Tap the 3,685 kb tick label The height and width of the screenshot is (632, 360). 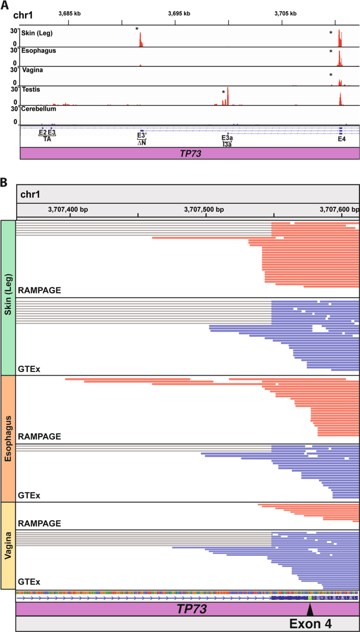69,13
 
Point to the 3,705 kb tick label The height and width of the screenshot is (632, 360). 286,13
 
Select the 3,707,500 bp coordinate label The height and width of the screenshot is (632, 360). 204,209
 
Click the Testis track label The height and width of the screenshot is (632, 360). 31,89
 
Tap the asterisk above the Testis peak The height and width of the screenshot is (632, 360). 223,92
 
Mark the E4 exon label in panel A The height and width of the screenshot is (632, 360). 342,139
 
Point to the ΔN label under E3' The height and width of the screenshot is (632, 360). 141,142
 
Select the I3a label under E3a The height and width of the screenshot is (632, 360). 227,143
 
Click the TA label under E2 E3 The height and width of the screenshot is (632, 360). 47,139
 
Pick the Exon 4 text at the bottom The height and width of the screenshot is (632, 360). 320,623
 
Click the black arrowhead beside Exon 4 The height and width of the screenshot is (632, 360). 310,609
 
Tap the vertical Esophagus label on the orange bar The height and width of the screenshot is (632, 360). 8,439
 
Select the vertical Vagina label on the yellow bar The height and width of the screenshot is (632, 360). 8,545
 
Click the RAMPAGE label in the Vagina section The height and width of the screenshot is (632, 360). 39,523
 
